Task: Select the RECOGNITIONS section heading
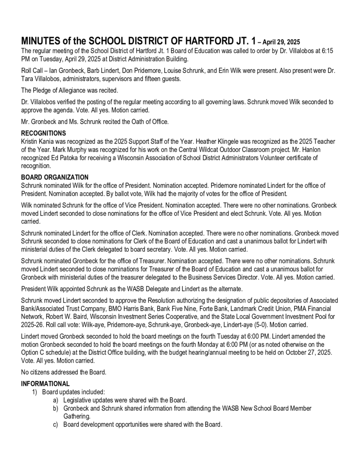44,133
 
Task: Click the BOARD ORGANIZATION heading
55,177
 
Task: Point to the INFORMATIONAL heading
46,384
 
